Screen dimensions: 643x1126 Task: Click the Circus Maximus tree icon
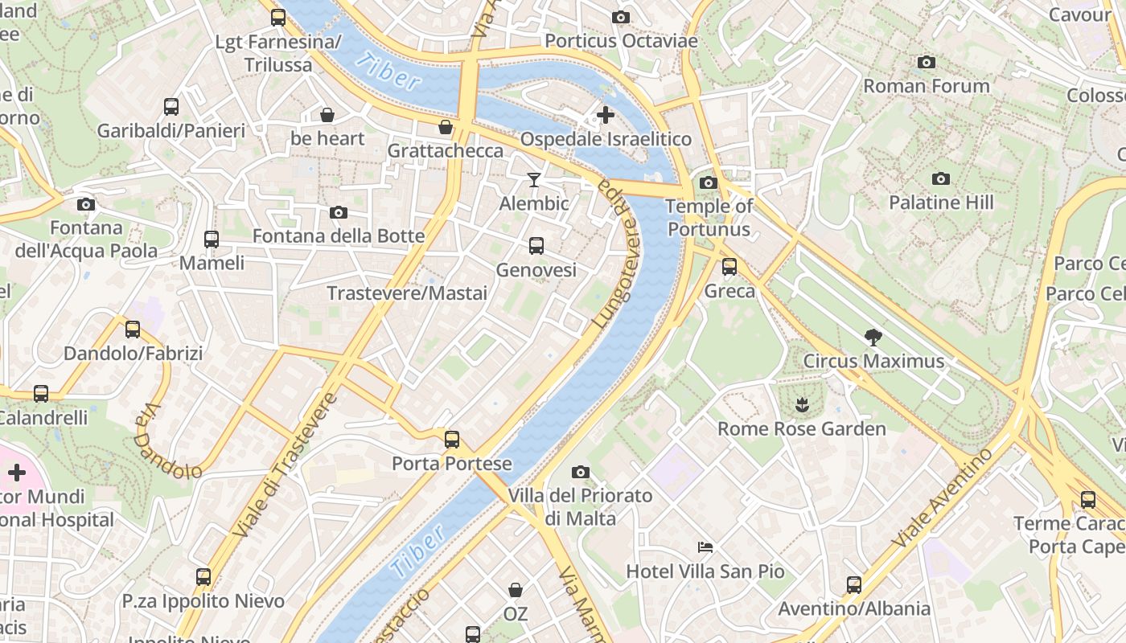pos(873,338)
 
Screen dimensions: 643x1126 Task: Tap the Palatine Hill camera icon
pos(941,178)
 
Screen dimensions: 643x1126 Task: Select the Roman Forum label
pos(926,86)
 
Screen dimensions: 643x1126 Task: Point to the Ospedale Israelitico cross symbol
pos(606,115)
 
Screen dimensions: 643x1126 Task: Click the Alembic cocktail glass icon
pos(534,179)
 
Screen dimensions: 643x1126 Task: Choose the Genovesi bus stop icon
pos(536,246)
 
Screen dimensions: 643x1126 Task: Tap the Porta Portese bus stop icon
pos(452,440)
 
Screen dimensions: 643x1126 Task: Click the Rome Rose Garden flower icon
pos(801,404)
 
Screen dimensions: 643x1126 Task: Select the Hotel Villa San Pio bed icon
pos(705,547)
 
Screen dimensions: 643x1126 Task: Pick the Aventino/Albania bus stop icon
pos(853,584)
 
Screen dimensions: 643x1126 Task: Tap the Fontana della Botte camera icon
pos(339,212)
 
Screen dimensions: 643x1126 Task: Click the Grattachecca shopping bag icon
pos(446,127)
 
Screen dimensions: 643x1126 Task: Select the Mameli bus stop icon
pos(212,239)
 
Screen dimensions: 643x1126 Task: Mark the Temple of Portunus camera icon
pos(709,182)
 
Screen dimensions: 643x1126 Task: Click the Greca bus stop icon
pos(729,267)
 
